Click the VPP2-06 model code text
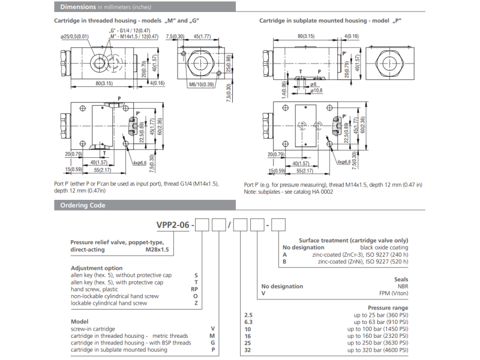tap(173, 225)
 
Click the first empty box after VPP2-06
tap(202, 225)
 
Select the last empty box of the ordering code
tap(279, 225)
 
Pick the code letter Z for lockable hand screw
tap(195, 303)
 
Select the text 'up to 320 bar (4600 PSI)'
tap(378, 350)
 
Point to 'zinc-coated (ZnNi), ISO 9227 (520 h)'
tap(363, 262)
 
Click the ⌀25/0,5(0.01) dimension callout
tap(74, 37)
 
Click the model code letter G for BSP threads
tap(212, 343)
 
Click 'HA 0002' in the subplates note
tap(322, 192)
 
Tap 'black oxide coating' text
tap(384, 247)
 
